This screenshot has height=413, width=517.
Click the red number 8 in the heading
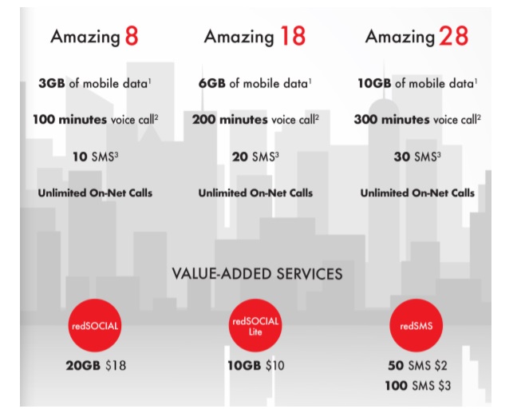pyautogui.click(x=132, y=36)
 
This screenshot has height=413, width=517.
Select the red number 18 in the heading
pyautogui.click(x=293, y=36)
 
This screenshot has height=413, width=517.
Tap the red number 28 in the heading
pyautogui.click(x=453, y=36)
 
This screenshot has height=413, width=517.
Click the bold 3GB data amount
pyautogui.click(x=52, y=83)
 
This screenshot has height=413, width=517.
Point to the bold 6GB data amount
pyautogui.click(x=212, y=83)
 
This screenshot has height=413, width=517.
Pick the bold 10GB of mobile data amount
pyautogui.click(x=374, y=83)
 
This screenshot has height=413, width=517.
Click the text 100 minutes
pyautogui.click(x=70, y=119)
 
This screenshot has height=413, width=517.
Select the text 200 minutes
pyautogui.click(x=230, y=119)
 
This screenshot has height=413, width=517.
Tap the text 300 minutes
pyautogui.click(x=392, y=119)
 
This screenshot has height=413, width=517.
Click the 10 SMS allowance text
pyautogui.click(x=95, y=157)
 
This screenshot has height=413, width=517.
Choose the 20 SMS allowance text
pyautogui.click(x=255, y=157)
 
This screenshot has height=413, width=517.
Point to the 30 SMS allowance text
pyautogui.click(x=417, y=157)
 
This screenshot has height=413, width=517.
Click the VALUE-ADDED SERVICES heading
pyautogui.click(x=257, y=274)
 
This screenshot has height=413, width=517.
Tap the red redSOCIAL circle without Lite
pyautogui.click(x=95, y=325)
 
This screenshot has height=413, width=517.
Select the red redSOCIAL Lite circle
pyautogui.click(x=255, y=325)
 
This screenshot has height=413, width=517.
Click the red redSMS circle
pyautogui.click(x=416, y=325)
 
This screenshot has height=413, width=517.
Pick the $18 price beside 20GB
pyautogui.click(x=116, y=365)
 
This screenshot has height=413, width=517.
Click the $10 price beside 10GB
pyautogui.click(x=275, y=365)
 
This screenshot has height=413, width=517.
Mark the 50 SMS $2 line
pyautogui.click(x=417, y=365)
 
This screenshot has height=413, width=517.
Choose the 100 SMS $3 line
pyautogui.click(x=418, y=386)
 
